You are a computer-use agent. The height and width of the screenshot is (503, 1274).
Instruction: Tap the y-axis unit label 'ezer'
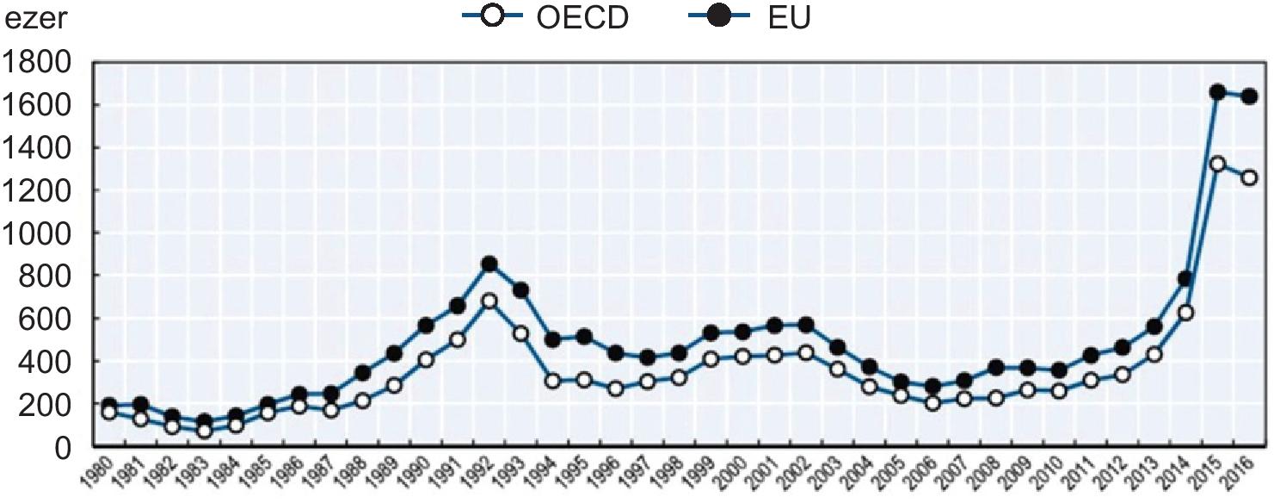tap(35, 18)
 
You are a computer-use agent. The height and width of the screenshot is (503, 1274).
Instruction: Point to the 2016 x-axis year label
tap(1242, 475)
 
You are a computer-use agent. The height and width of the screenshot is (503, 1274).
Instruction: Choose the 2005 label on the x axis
tap(895, 475)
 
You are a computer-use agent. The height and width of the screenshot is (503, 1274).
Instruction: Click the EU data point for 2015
tap(1217, 92)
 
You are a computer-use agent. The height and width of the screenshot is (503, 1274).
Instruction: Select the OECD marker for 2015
tap(1217, 164)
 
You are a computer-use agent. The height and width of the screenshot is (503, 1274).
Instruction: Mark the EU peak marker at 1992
tap(489, 264)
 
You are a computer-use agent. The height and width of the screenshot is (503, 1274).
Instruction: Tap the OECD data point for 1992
tap(489, 301)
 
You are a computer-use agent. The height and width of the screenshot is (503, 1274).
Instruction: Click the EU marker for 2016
tap(1249, 96)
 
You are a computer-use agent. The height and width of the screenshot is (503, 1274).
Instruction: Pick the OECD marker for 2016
tap(1249, 177)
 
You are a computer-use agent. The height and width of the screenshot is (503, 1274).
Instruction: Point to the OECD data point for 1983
tap(204, 430)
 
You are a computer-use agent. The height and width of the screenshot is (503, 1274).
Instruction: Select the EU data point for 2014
tap(1185, 278)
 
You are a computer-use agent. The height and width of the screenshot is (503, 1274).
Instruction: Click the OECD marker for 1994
tap(552, 381)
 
